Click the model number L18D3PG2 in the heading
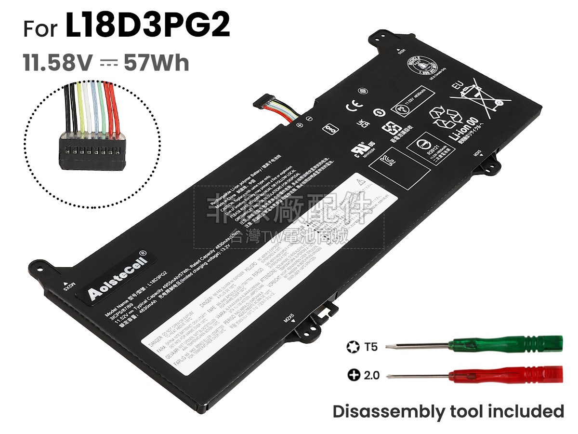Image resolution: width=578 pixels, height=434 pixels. [x=147, y=27]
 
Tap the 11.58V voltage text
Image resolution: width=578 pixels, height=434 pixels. [x=57, y=63]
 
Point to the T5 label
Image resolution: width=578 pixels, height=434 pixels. [x=371, y=346]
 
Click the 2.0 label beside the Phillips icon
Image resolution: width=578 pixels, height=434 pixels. [x=371, y=375]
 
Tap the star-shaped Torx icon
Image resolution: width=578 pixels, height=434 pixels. [x=352, y=346]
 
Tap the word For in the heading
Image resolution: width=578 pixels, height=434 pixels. [x=41, y=29]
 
